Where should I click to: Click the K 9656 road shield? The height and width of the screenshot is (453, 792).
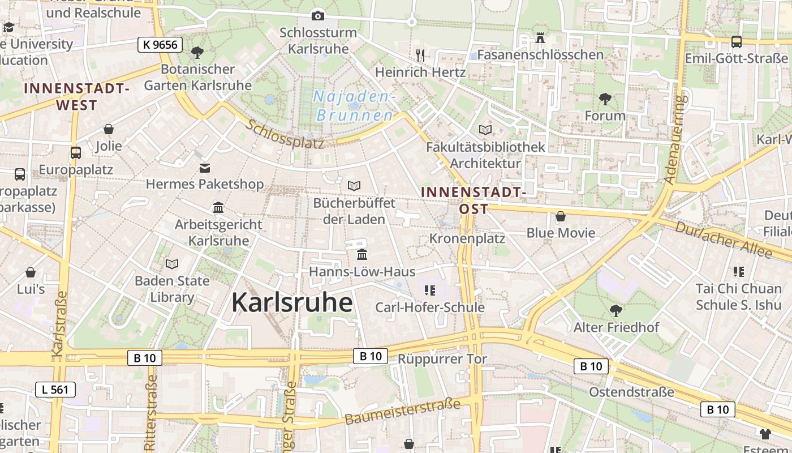coord(160,45)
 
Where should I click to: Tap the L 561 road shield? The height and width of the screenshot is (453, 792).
coord(55,389)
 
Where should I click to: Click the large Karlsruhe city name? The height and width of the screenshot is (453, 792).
coord(292,302)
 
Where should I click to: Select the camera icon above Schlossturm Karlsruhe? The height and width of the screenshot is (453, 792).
coord(318,16)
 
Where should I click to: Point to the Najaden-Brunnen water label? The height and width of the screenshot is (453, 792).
coord(354,106)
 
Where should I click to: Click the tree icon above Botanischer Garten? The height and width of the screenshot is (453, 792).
coord(197,53)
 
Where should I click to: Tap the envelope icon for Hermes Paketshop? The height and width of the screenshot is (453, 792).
coord(204,168)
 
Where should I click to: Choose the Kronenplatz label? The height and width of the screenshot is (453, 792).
coord(467,238)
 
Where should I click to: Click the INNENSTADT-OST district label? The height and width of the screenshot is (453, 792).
coord(474,200)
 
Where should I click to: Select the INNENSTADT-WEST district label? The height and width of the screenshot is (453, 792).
coord(77,97)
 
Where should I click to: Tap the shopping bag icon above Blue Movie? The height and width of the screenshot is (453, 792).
coord(561,216)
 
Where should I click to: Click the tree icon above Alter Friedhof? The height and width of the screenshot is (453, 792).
coord(615,310)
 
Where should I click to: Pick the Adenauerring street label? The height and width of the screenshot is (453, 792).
coord(676,139)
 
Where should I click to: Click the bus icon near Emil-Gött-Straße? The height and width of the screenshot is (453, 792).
coord(737,41)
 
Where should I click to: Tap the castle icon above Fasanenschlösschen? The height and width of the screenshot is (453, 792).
coord(540,38)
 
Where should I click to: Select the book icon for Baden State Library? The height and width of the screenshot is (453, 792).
coord(172,264)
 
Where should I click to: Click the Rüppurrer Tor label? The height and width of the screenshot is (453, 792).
coord(442,359)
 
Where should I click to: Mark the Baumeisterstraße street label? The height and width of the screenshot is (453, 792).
coord(402,412)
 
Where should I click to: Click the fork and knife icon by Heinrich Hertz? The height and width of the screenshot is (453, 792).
coord(420,55)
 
